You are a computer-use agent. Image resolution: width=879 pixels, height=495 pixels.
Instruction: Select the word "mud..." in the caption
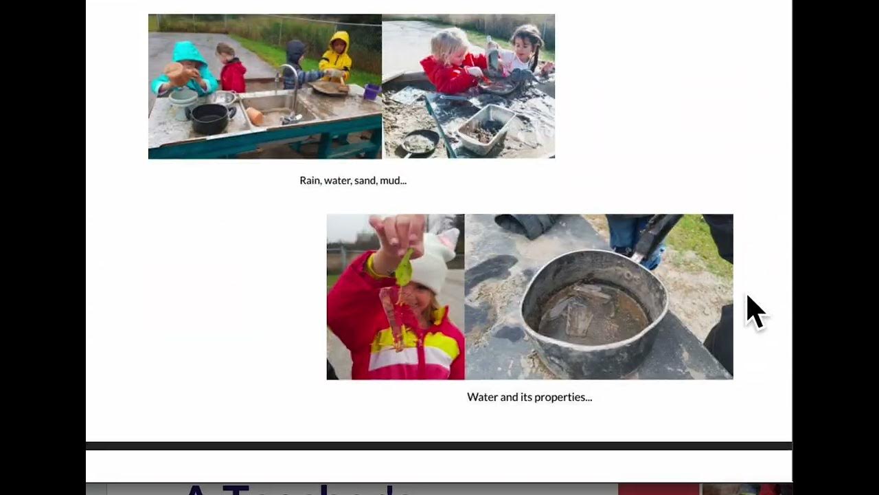tap(393, 181)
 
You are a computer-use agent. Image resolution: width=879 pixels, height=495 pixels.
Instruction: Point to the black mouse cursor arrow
tap(755, 313)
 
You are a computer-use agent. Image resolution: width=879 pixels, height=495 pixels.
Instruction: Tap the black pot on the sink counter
tap(209, 119)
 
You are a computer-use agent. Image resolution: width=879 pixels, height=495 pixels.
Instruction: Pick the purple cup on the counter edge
tap(372, 91)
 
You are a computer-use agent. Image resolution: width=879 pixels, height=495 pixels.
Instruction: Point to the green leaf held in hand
tap(404, 269)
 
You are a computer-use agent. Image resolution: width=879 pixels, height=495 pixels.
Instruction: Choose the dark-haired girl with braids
tap(524, 52)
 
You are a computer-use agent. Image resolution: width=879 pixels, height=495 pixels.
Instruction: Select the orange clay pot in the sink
tap(255, 116)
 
